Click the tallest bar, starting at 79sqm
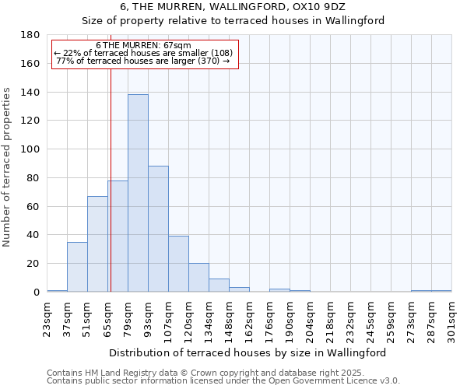pyautogui.click(x=138, y=193)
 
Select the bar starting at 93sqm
pyautogui.click(x=158, y=229)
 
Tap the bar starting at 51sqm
pyautogui.click(x=97, y=244)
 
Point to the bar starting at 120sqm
pyautogui.click(x=198, y=278)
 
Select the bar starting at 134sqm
pyautogui.click(x=219, y=286)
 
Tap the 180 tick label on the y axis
pyautogui.click(x=31, y=35)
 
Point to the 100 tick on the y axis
pyautogui.click(x=31, y=149)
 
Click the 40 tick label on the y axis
pyautogui.click(x=34, y=235)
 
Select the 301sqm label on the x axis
pyautogui.click(x=452, y=321)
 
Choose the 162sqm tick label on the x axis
pyautogui.click(x=250, y=321)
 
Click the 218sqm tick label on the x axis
pyautogui.click(x=331, y=321)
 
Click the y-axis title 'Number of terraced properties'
pyautogui.click(x=8, y=166)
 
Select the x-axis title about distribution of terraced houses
pyautogui.click(x=248, y=352)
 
